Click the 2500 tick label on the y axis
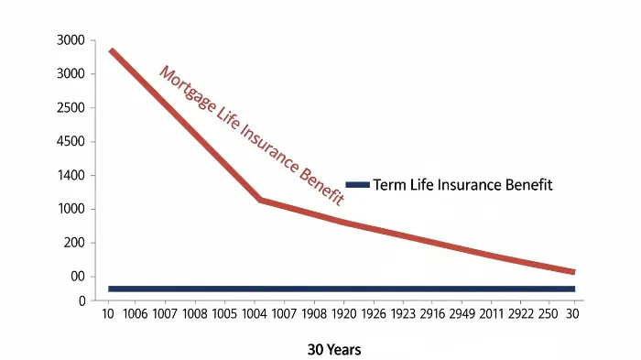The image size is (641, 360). click(x=71, y=108)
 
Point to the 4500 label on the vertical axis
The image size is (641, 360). click(x=71, y=142)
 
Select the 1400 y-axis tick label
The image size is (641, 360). click(x=71, y=176)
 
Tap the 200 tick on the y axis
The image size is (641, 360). click(x=75, y=243)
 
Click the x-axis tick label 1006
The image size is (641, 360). click(x=135, y=313)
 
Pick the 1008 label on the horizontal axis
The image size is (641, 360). click(x=194, y=313)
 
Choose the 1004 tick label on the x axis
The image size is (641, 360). click(x=255, y=313)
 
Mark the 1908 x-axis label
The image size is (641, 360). click(x=314, y=313)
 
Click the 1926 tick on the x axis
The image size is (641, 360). click(x=374, y=313)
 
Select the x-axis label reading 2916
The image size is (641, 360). click(x=433, y=313)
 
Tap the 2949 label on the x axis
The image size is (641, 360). click(x=463, y=313)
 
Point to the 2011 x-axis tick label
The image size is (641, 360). click(x=493, y=313)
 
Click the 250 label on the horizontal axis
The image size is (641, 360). click(x=549, y=313)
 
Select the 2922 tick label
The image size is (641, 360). click(x=522, y=313)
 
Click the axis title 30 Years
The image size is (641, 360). click(x=334, y=350)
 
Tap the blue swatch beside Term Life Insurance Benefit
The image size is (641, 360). click(x=358, y=185)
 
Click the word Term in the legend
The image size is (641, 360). click(x=388, y=185)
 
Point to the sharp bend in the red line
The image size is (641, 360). click(x=261, y=199)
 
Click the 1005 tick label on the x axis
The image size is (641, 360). click(x=224, y=313)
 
